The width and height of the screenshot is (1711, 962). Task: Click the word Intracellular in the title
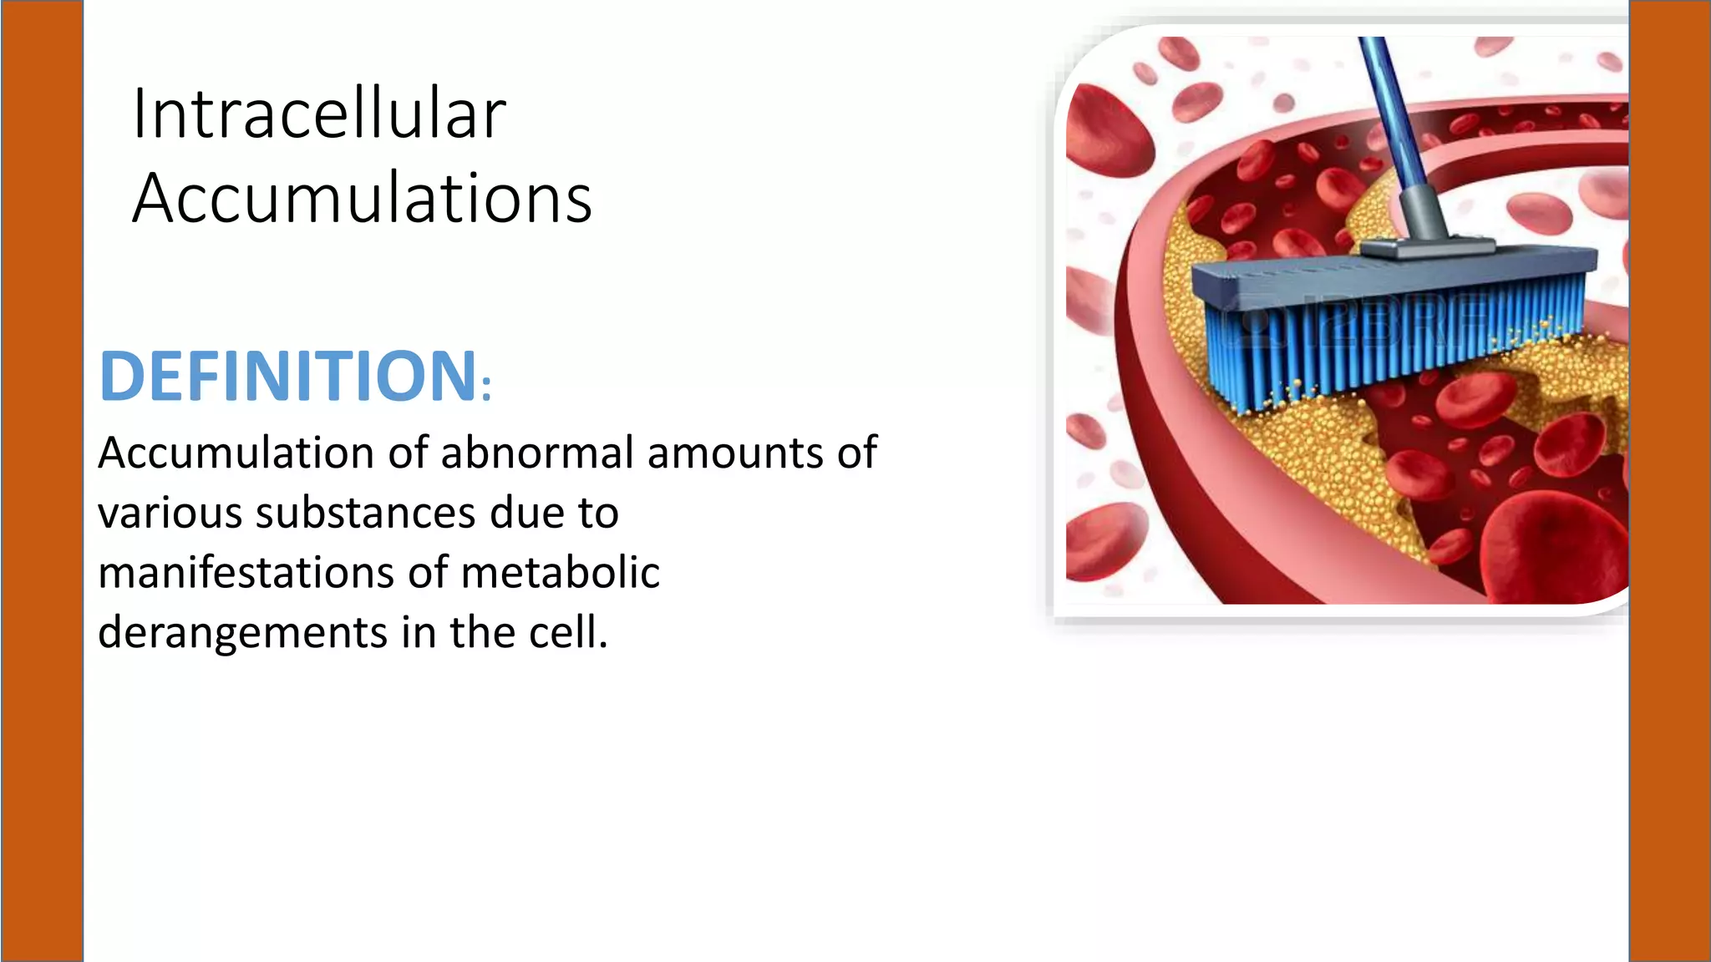(x=319, y=114)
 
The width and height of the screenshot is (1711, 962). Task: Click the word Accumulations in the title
(x=362, y=199)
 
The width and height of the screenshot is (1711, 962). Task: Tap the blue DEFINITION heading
(x=288, y=376)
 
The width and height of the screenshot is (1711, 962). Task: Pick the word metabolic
(x=560, y=573)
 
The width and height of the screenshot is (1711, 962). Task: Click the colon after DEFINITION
(x=487, y=388)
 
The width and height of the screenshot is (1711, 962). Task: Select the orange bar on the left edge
(x=42, y=481)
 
